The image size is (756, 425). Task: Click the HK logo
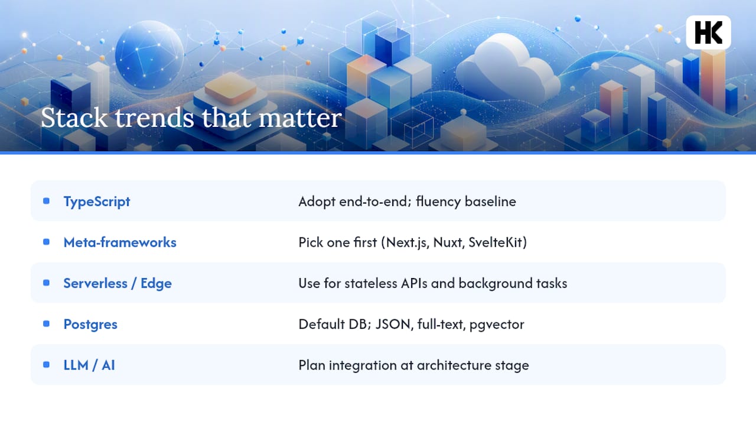coord(708,32)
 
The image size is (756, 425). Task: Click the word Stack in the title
coord(74,117)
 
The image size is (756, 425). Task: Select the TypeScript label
coord(97,202)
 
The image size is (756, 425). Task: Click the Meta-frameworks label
coord(120,242)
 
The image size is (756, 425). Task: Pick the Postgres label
coord(90,325)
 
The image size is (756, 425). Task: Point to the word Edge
coord(156,283)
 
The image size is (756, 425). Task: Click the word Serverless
coord(96,283)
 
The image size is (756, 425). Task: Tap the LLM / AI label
coord(89,365)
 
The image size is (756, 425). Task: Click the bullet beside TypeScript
coord(47,201)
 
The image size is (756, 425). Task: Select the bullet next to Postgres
coord(47,324)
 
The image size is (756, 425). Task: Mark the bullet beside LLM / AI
coord(47,365)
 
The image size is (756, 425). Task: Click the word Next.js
coord(408,243)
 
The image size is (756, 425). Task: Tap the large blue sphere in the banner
coord(149,55)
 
